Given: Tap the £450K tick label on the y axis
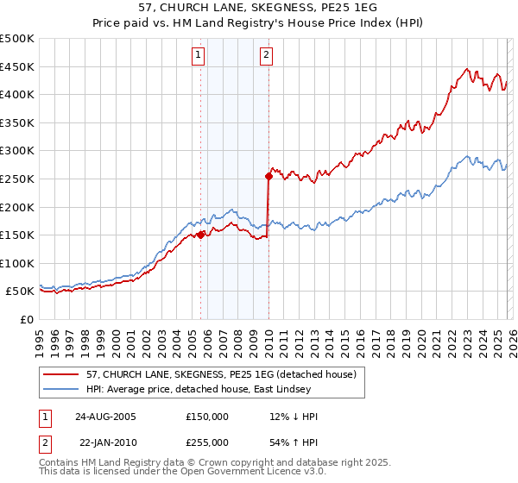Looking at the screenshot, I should [x=17, y=66].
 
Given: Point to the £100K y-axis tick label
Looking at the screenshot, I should [x=17, y=263].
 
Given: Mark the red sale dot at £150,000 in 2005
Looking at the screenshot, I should [x=201, y=235].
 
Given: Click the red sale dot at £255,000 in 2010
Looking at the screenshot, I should [x=268, y=176].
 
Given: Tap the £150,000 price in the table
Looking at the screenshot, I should [x=207, y=417].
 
